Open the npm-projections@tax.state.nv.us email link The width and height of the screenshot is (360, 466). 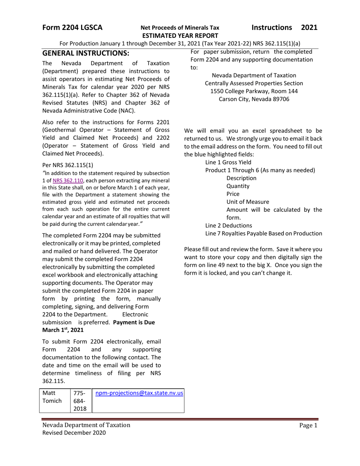pos(139,393)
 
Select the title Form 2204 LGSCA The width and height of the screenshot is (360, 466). pos(72,28)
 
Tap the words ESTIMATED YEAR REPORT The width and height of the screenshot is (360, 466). pos(180,36)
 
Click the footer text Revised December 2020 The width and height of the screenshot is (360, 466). pos(74,433)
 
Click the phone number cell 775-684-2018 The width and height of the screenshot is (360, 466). pos(80,401)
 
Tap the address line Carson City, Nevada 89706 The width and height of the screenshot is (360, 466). pos(254,99)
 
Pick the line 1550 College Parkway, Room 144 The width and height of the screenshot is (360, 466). pos(254,91)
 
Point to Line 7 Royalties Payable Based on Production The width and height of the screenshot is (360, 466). pos(264,233)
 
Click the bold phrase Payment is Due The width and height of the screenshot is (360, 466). pos(134,322)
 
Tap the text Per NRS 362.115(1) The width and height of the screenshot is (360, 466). pos(67,165)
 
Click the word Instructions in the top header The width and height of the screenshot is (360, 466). pos(272,28)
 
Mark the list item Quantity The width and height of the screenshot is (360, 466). pos(238,186)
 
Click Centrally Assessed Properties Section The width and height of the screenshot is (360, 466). pos(254,83)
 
